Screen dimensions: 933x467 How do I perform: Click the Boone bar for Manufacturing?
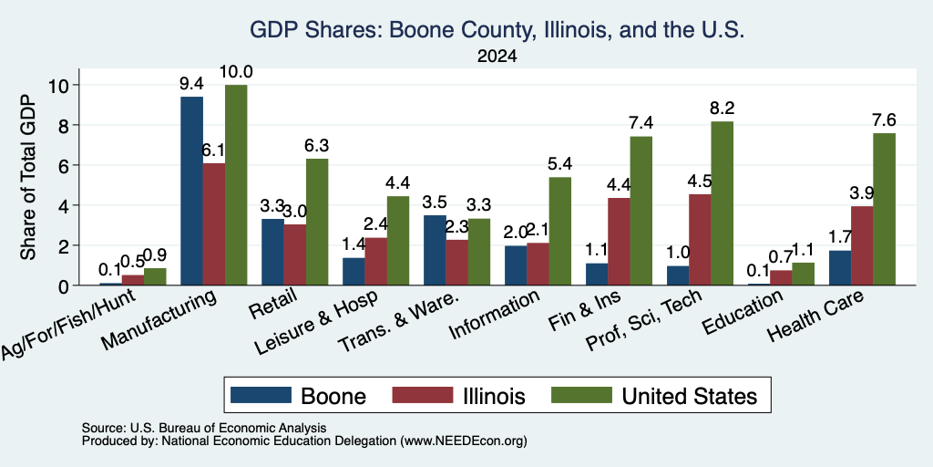191,191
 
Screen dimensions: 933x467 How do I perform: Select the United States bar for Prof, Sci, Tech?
723,203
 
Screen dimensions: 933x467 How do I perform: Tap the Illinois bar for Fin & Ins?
620,241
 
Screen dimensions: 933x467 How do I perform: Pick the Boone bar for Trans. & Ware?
435,250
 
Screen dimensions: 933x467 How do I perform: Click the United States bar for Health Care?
884,209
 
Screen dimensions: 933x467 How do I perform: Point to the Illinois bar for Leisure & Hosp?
376,262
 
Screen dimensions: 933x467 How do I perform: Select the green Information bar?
560,231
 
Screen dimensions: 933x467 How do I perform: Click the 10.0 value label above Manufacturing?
236,72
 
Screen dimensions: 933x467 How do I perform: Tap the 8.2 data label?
722,109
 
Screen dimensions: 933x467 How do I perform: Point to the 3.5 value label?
435,202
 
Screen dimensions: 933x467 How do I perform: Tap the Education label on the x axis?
741,313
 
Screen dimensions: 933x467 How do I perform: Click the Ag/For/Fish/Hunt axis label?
68,324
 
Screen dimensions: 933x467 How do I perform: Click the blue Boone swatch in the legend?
261,395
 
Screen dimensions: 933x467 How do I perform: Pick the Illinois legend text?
494,396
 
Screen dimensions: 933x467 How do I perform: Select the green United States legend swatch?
581,395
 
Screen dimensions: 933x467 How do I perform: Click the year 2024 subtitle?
497,57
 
